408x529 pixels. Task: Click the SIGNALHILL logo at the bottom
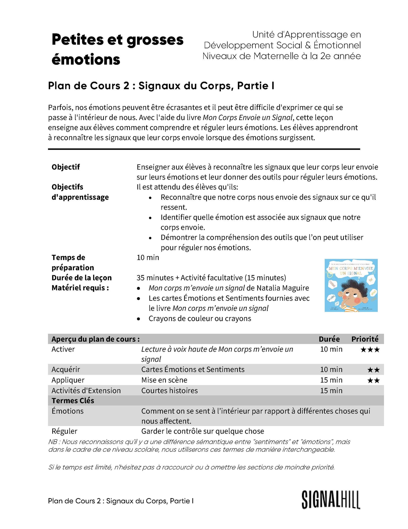point(331,500)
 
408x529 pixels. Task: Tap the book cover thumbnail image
point(351,285)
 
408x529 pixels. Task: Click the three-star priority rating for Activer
point(370,350)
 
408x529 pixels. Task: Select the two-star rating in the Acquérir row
point(373,370)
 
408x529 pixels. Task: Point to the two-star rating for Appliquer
point(373,380)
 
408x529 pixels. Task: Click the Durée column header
point(329,339)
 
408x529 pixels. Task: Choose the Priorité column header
point(365,339)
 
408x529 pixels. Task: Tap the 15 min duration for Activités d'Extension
point(331,391)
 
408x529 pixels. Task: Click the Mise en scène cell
point(164,380)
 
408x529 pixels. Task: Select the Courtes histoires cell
point(169,391)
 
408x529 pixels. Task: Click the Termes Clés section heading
point(73,401)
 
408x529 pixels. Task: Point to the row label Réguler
point(64,431)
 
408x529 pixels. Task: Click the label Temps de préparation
point(73,263)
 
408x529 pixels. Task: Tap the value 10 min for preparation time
point(148,257)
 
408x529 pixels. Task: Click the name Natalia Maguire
point(282,288)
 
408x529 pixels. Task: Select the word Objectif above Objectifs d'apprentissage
point(66,167)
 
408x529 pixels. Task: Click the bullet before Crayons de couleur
point(138,319)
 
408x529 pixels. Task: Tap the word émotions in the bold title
point(86,60)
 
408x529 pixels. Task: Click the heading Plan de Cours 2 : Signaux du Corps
point(161,86)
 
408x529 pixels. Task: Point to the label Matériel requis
point(80,288)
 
